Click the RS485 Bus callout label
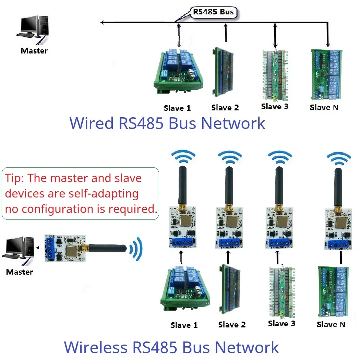point(213,12)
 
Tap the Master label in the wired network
point(34,51)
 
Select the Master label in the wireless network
point(20,272)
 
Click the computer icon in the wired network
point(32,29)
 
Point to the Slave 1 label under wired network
point(177,108)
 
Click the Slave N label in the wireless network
point(331,324)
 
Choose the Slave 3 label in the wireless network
point(281,323)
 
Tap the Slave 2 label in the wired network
point(225,108)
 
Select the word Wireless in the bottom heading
point(96,347)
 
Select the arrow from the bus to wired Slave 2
point(225,33)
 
